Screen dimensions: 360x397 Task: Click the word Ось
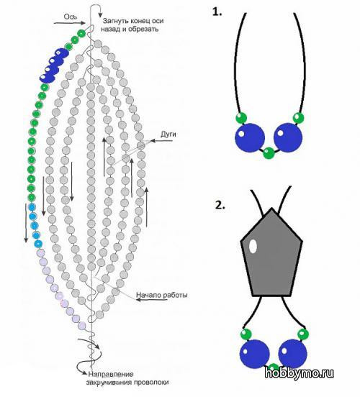tap(71, 17)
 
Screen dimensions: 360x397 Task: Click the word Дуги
tap(168, 134)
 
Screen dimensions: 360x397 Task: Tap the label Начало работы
tap(162, 295)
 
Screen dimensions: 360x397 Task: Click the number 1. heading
tap(217, 12)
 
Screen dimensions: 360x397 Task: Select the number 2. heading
tap(220, 206)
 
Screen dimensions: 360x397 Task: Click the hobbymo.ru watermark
tap(299, 373)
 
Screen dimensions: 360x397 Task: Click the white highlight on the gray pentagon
tap(253, 246)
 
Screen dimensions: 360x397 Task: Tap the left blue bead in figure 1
tap(250, 138)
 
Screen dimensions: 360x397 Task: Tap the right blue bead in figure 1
tap(288, 137)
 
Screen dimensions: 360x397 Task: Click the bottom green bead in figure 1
tap(269, 153)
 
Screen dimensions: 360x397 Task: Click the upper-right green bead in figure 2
tap(303, 334)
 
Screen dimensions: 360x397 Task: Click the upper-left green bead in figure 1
tap(241, 118)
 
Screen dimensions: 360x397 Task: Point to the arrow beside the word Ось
tap(69, 23)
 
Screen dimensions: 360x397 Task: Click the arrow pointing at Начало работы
tap(152, 300)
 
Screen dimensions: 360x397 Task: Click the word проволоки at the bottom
tap(152, 383)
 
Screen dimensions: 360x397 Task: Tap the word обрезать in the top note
tap(143, 29)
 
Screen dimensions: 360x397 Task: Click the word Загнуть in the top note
tap(115, 21)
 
